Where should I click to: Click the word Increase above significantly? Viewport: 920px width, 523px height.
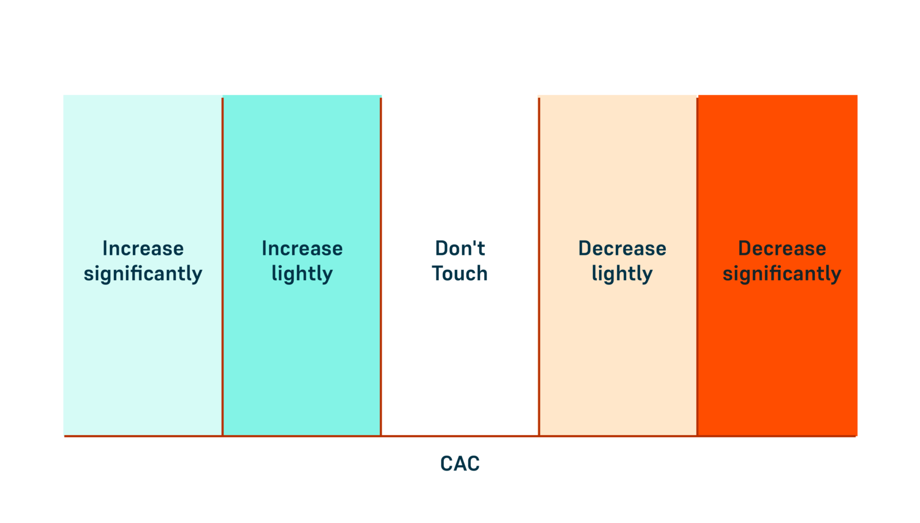click(143, 249)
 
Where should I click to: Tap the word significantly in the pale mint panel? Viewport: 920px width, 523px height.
click(143, 274)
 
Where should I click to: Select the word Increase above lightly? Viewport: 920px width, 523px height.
click(302, 249)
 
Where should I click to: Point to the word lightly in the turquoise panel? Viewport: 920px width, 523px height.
click(302, 274)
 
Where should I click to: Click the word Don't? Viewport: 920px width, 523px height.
click(460, 249)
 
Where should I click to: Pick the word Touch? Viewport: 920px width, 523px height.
click(460, 274)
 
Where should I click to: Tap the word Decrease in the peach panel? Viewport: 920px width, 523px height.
click(622, 249)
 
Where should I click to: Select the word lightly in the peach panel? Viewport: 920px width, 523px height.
click(622, 274)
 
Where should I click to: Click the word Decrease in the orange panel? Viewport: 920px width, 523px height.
click(782, 249)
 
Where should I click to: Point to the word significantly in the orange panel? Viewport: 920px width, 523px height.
click(782, 274)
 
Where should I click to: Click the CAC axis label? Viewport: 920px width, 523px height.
click(460, 464)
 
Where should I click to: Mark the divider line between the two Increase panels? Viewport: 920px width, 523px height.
click(223, 266)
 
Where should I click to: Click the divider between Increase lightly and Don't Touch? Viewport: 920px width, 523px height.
click(381, 266)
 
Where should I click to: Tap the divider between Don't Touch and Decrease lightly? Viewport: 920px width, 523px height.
click(539, 266)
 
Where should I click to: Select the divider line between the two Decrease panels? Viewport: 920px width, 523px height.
click(697, 266)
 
